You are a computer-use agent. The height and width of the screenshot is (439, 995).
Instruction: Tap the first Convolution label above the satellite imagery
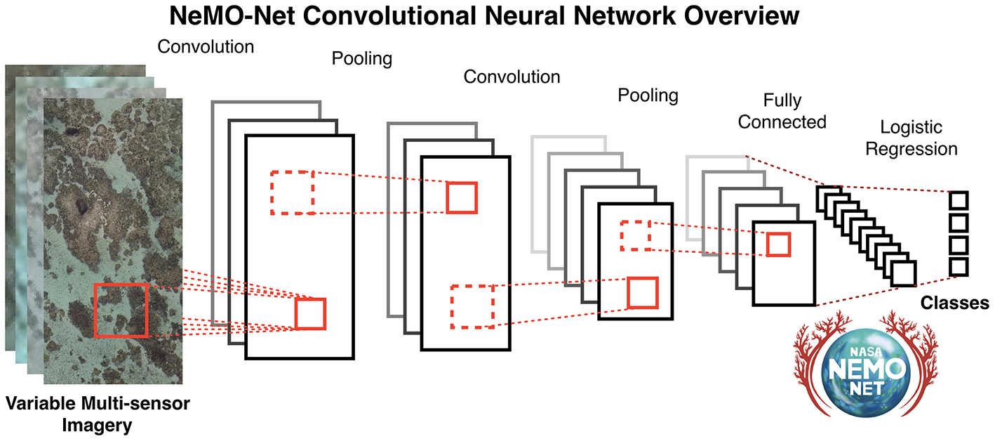pyautogui.click(x=206, y=47)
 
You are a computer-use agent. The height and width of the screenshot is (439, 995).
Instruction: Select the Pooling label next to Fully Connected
pyautogui.click(x=648, y=95)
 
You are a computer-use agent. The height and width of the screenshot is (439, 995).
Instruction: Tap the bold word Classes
pyautogui.click(x=954, y=303)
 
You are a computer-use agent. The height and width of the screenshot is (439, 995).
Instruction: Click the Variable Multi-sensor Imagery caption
pyautogui.click(x=98, y=414)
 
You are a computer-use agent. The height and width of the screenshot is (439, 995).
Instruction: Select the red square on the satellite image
pyautogui.click(x=121, y=310)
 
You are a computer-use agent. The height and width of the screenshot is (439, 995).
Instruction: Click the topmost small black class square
pyautogui.click(x=959, y=200)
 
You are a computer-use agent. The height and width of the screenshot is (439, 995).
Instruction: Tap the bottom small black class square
pyautogui.click(x=959, y=267)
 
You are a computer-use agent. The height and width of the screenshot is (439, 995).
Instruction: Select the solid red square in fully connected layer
pyautogui.click(x=778, y=244)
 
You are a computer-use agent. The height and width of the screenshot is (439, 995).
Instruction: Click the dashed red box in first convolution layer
pyautogui.click(x=292, y=192)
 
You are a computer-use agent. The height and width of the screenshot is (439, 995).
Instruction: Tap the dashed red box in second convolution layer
pyautogui.click(x=472, y=306)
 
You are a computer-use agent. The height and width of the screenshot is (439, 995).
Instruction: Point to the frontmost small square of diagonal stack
pyautogui.click(x=904, y=273)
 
